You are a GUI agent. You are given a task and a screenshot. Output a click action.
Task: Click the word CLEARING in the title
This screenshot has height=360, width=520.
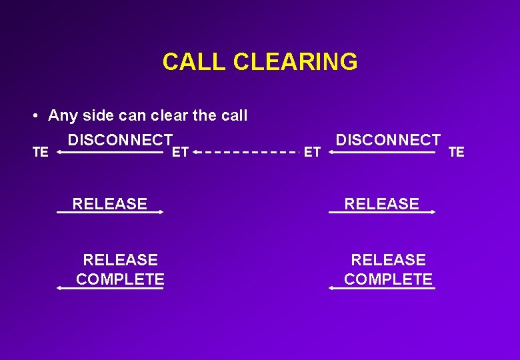295,62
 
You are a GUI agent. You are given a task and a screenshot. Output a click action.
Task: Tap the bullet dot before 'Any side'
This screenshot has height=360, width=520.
33,116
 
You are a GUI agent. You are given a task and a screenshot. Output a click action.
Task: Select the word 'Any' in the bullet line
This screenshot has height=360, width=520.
63,116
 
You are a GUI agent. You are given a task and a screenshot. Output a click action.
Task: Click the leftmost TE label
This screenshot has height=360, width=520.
41,153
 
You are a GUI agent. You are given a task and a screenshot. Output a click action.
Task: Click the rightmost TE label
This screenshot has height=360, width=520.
457,153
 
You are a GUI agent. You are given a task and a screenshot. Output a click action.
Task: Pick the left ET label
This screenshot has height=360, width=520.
180,153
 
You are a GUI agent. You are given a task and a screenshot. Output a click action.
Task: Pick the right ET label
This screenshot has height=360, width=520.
312,153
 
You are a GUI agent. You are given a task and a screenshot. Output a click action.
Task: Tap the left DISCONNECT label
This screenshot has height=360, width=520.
120,140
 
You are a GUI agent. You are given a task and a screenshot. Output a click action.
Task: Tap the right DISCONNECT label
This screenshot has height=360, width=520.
388,140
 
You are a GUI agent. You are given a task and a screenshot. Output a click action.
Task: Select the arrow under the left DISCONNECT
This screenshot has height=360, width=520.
110,153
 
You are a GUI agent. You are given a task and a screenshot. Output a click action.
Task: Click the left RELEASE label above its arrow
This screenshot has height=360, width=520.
110,203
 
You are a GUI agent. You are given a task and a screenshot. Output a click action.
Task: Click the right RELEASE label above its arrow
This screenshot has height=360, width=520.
382,203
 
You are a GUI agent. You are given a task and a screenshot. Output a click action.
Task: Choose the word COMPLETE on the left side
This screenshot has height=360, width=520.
120,279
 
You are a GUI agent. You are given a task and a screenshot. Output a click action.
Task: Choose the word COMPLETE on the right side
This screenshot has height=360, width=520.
388,279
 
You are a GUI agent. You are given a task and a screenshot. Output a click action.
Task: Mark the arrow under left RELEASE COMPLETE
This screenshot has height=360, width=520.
110,288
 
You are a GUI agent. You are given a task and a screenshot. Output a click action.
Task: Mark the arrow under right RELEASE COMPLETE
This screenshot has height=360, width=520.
382,288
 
